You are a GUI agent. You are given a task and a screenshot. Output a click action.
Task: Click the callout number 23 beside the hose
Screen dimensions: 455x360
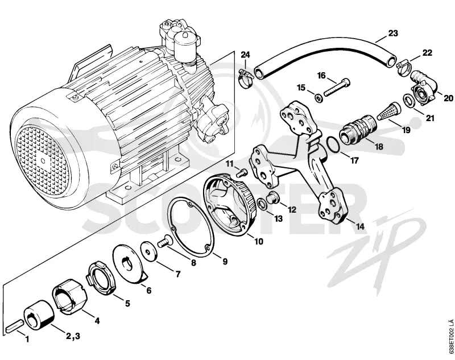[x=392, y=34]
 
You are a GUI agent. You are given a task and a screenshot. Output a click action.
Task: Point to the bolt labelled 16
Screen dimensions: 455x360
[x=337, y=88]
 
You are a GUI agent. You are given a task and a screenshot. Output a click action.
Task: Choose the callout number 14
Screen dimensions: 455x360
[x=360, y=226]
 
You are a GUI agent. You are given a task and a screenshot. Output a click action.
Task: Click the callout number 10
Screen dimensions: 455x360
[x=259, y=241]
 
